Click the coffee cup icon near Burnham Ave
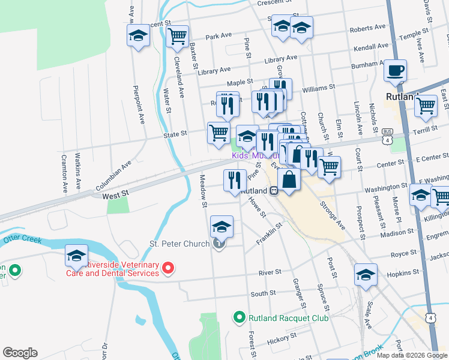click(395, 70)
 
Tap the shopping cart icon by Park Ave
click(177, 37)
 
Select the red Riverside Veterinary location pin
click(169, 268)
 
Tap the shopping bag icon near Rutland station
click(289, 179)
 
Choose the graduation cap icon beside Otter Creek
click(76, 255)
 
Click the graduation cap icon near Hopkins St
click(365, 274)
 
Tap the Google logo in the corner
click(20, 352)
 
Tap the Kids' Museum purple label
click(252, 155)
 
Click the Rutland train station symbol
click(273, 191)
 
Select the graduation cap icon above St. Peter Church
click(221, 227)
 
